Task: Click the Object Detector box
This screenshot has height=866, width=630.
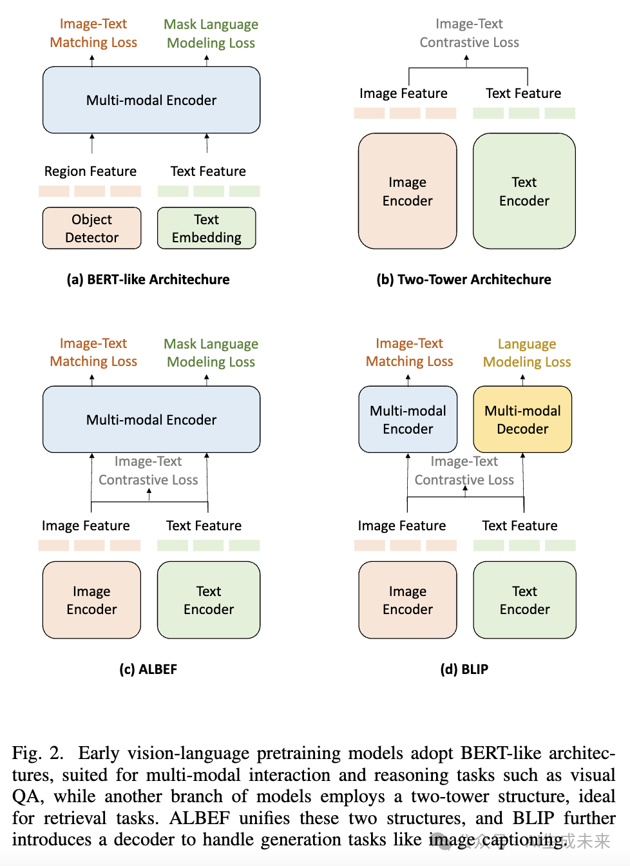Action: (x=91, y=228)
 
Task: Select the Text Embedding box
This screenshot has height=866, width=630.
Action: (x=206, y=228)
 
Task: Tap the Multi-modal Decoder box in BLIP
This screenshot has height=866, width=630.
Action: (x=522, y=419)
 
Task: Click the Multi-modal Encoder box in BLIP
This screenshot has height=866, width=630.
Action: (x=408, y=419)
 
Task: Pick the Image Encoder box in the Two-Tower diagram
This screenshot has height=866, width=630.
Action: (x=407, y=191)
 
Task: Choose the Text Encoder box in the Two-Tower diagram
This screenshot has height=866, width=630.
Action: (x=524, y=191)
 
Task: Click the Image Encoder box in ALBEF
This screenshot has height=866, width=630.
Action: (x=91, y=600)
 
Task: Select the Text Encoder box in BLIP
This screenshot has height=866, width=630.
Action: (x=524, y=600)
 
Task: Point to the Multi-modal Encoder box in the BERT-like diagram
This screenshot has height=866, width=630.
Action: (x=151, y=100)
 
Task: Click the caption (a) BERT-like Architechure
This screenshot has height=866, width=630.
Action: (x=148, y=279)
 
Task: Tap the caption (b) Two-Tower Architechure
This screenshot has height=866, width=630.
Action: (x=464, y=279)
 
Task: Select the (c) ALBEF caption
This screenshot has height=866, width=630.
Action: (x=148, y=669)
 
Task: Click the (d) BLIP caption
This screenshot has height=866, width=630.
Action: (x=464, y=669)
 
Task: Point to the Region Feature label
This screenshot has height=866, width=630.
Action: (x=90, y=171)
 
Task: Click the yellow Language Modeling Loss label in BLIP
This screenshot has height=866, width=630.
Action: (x=527, y=352)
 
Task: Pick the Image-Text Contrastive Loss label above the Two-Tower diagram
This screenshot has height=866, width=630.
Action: (x=469, y=33)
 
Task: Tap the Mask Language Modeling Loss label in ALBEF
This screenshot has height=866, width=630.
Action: (x=211, y=352)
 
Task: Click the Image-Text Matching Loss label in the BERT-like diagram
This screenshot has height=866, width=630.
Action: (x=93, y=33)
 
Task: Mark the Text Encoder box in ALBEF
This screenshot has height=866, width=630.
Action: (x=209, y=600)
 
